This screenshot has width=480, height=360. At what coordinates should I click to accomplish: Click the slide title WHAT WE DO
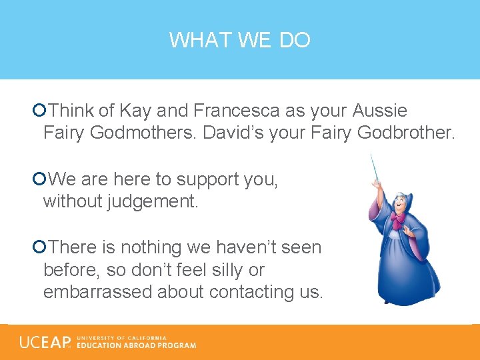click(239, 40)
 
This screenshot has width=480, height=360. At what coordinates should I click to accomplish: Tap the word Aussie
click(380, 110)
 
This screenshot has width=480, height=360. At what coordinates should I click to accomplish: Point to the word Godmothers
click(142, 133)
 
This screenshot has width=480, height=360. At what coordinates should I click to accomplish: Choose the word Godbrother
click(406, 133)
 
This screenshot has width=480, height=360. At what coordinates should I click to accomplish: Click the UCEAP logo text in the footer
click(44, 342)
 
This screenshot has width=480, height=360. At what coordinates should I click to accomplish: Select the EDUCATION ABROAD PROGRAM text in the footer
click(137, 345)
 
